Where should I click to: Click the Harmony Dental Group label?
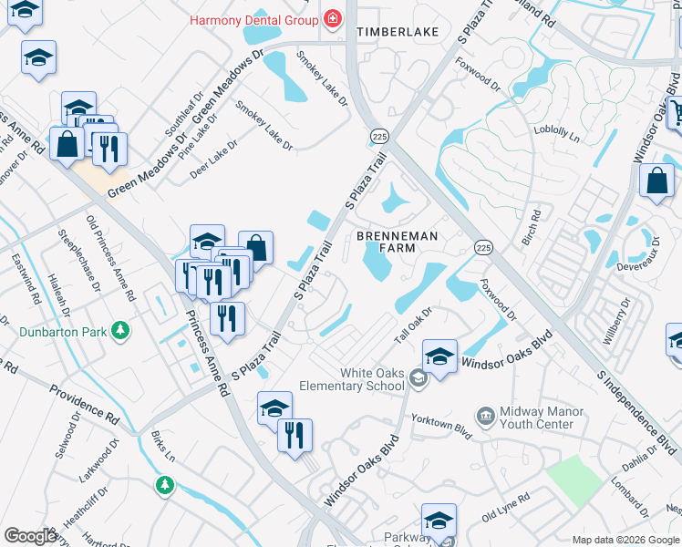tap(252, 19)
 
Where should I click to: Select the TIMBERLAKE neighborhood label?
tap(398, 32)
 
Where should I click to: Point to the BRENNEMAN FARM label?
tap(397, 243)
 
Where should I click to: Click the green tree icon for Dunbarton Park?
tap(119, 328)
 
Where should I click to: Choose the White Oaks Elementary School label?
tap(371, 379)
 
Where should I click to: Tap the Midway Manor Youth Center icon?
tap(484, 416)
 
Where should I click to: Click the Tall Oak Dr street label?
tap(412, 325)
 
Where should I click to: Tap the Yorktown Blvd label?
tap(439, 425)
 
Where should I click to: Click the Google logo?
tap(30, 536)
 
